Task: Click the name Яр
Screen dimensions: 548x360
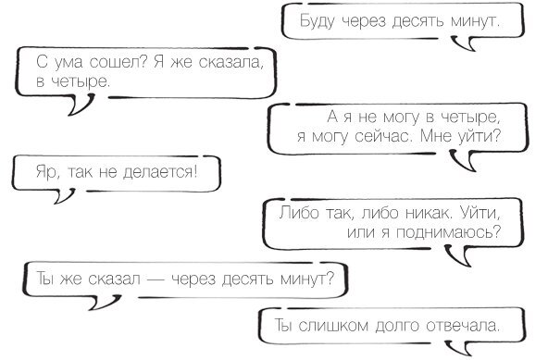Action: [44, 171]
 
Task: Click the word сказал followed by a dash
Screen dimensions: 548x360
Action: [128, 276]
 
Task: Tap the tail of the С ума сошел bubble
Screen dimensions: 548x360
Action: [81, 106]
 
